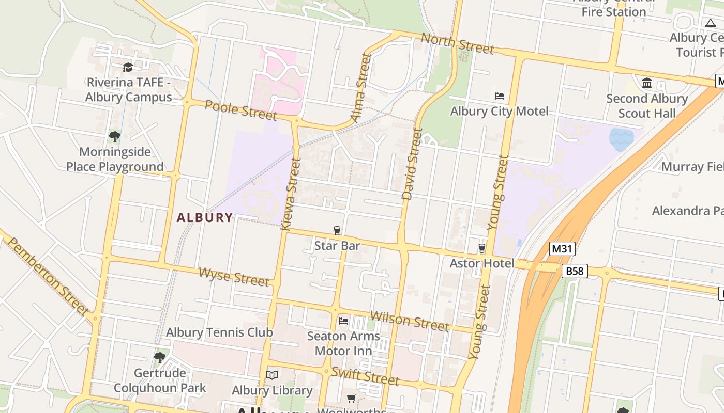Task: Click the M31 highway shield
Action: (562, 249)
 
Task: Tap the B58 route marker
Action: (575, 271)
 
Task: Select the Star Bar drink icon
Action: (337, 230)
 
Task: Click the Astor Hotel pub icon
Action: (482, 248)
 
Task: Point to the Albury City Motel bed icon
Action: (500, 96)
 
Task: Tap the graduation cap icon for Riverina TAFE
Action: (128, 67)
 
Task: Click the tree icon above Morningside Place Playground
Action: (115, 137)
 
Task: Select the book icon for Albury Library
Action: (272, 375)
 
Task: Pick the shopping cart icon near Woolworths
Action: (352, 398)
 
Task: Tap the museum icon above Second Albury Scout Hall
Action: (646, 83)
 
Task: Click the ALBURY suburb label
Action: (205, 218)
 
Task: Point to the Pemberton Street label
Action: (49, 276)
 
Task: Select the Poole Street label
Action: (240, 109)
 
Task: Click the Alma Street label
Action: (361, 88)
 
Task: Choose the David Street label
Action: (412, 164)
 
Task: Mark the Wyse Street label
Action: (234, 277)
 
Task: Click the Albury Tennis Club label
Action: (219, 332)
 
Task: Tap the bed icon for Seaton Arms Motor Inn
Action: (343, 321)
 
